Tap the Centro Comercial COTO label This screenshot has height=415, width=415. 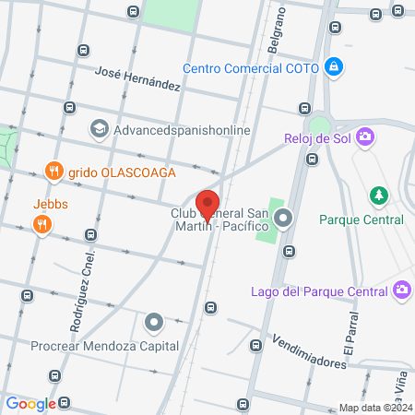pyautogui.click(x=249, y=67)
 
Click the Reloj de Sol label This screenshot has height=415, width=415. pyautogui.click(x=316, y=138)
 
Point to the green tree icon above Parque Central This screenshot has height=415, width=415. pyautogui.click(x=377, y=196)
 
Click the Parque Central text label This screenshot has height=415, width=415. pyautogui.click(x=362, y=219)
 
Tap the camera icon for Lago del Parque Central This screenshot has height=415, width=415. pyautogui.click(x=401, y=291)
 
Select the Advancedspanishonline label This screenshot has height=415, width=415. pyautogui.click(x=182, y=130)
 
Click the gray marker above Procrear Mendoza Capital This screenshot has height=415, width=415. pyautogui.click(x=153, y=323)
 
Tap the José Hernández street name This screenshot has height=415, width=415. pyautogui.click(x=137, y=82)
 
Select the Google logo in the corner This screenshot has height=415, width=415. pyautogui.click(x=30, y=403)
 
